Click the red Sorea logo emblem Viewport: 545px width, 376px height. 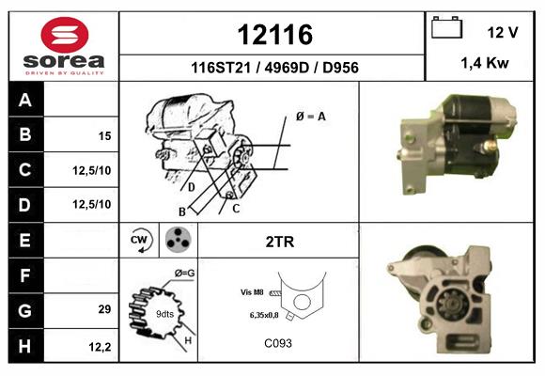click(65, 35)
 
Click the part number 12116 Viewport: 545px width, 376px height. click(275, 35)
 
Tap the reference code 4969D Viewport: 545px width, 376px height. click(287, 68)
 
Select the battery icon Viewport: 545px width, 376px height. click(446, 27)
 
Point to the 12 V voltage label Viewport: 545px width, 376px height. click(503, 32)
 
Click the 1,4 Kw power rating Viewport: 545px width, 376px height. click(485, 63)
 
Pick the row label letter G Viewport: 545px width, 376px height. click(25, 310)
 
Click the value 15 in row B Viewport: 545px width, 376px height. click(104, 136)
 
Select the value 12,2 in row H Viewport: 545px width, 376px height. click(100, 347)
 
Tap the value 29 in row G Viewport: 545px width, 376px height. click(104, 309)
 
